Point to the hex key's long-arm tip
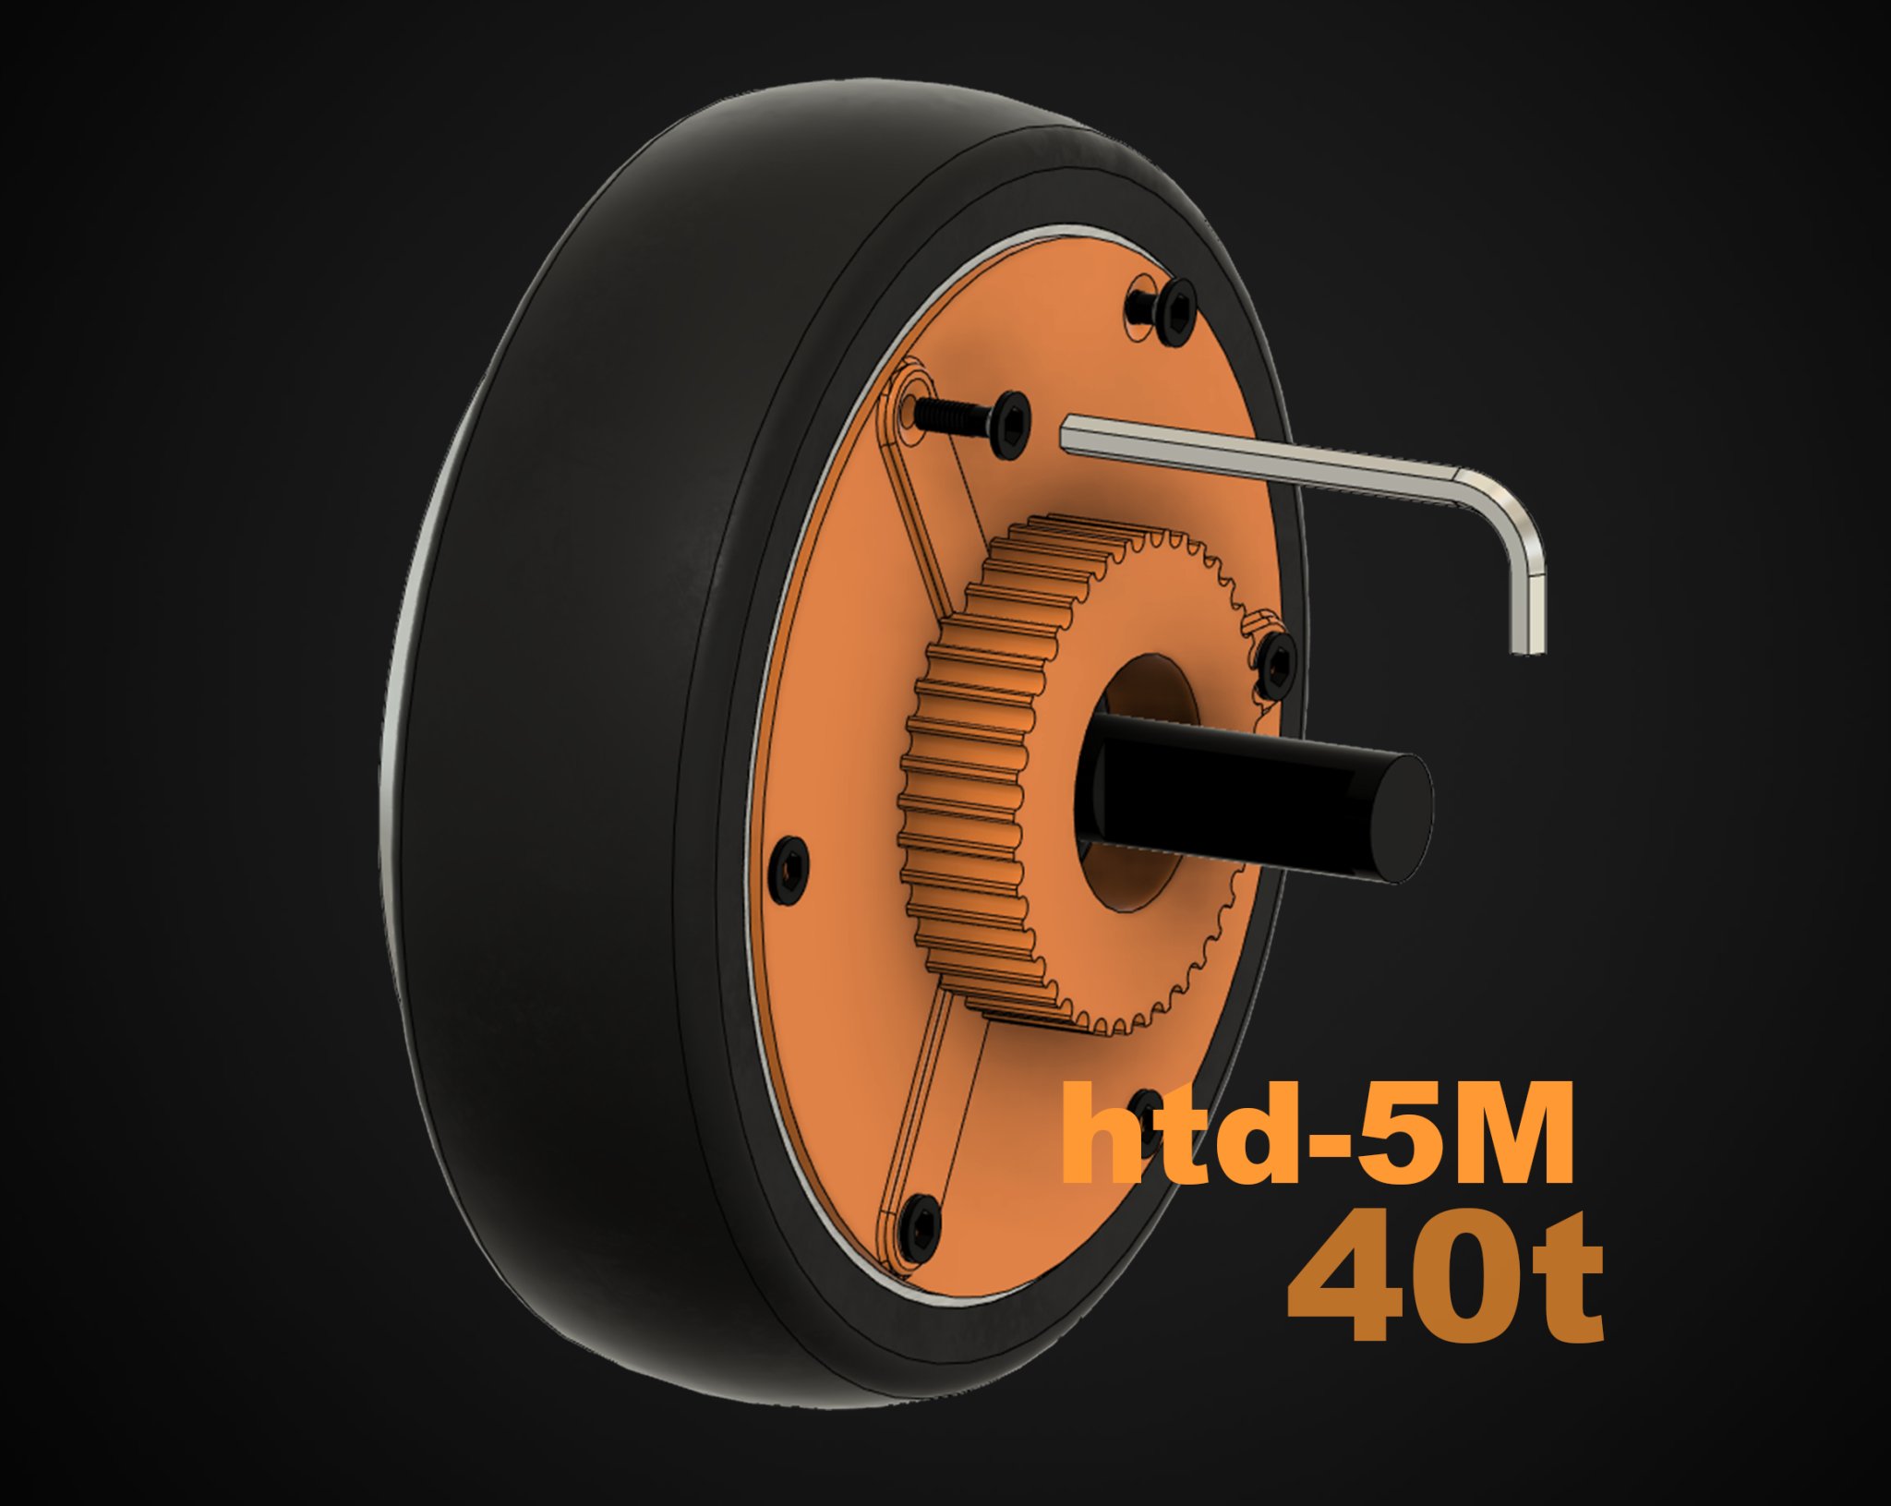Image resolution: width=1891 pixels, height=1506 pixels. click(1068, 433)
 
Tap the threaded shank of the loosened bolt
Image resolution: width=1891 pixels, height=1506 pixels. click(951, 420)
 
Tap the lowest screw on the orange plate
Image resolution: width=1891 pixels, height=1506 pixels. click(921, 1229)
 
